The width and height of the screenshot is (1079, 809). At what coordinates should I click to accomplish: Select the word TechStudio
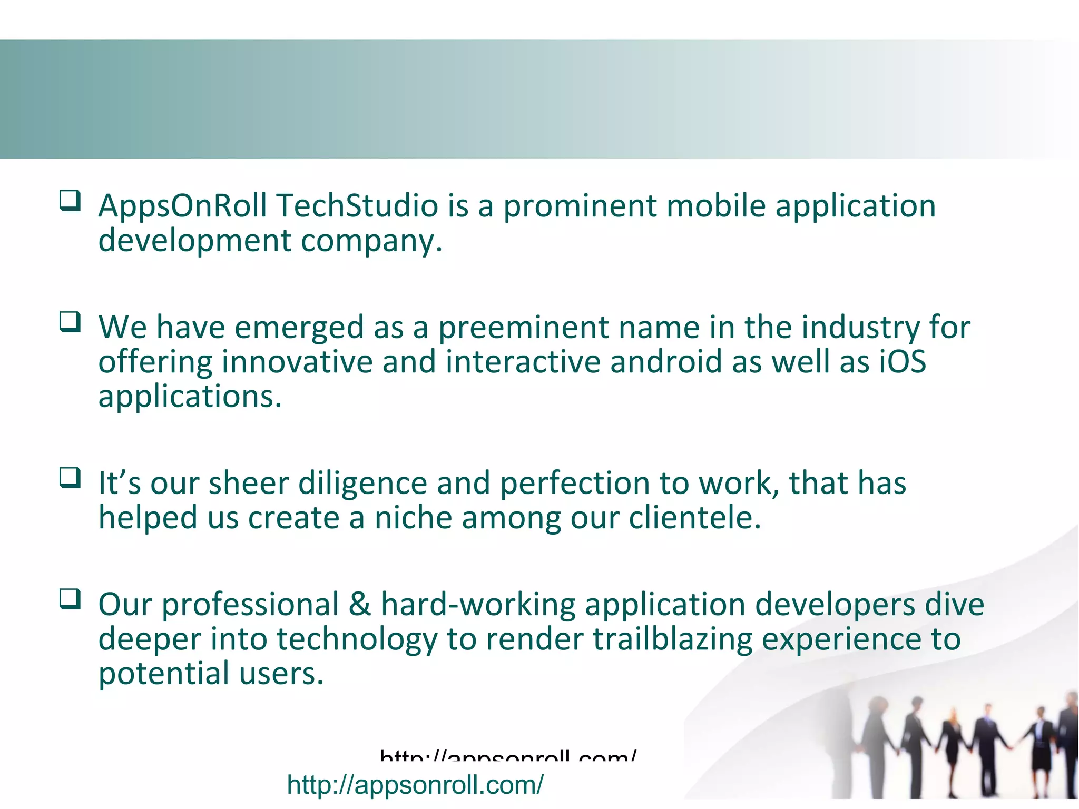(357, 206)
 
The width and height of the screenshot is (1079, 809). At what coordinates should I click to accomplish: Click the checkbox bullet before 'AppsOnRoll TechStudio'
(70, 200)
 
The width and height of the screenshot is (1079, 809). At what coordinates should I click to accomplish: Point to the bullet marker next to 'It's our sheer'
(70, 477)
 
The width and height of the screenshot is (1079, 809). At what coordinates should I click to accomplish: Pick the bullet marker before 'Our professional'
(70, 598)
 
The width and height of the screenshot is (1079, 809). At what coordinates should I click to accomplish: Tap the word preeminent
(524, 328)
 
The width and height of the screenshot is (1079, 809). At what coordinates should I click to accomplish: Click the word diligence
(362, 483)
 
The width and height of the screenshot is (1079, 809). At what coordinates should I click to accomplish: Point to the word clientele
(695, 518)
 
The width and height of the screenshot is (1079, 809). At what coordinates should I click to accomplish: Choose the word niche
(413, 518)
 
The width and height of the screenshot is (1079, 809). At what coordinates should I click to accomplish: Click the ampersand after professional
(359, 605)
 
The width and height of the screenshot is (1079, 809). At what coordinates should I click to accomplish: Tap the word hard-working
(478, 605)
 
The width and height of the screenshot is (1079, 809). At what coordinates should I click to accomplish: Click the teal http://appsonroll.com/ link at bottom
(415, 785)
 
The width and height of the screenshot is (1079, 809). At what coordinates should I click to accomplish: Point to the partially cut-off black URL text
(508, 756)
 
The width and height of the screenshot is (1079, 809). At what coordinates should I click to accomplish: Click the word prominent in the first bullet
(580, 206)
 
